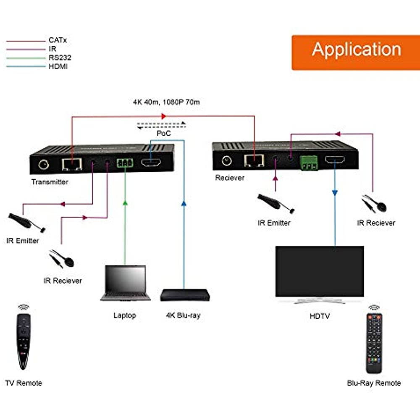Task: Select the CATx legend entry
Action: click(x=58, y=41)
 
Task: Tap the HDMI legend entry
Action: click(x=58, y=66)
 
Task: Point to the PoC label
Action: click(x=163, y=133)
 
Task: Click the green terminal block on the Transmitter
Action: click(x=125, y=163)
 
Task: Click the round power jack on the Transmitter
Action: click(x=43, y=164)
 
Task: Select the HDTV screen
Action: click(x=319, y=271)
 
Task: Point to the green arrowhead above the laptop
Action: click(x=125, y=202)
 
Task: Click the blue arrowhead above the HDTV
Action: click(x=335, y=192)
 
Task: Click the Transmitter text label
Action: click(x=50, y=182)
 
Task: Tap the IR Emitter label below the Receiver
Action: click(x=274, y=223)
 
